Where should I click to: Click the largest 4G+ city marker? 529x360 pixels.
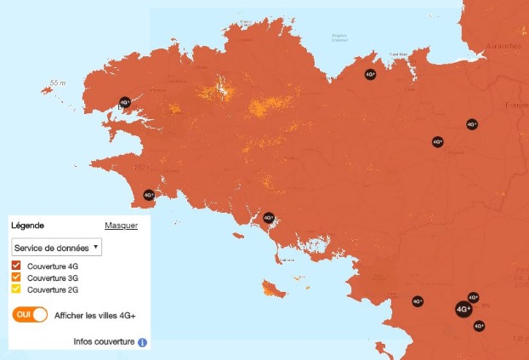464,309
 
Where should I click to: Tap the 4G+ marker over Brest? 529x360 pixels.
125,102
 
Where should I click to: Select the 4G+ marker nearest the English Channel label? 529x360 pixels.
369,74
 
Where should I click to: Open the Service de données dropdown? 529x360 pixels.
56,247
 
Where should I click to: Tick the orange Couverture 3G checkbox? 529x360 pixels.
17,278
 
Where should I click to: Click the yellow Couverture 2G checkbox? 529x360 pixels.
17,289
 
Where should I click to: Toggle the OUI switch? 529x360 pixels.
30,315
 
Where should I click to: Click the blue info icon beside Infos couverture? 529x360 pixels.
142,342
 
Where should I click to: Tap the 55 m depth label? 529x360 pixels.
58,83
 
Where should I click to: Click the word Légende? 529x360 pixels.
28,226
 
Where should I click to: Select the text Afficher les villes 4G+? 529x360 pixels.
94,316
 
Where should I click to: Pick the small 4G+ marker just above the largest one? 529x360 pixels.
473,298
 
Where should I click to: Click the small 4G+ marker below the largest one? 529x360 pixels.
479,325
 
